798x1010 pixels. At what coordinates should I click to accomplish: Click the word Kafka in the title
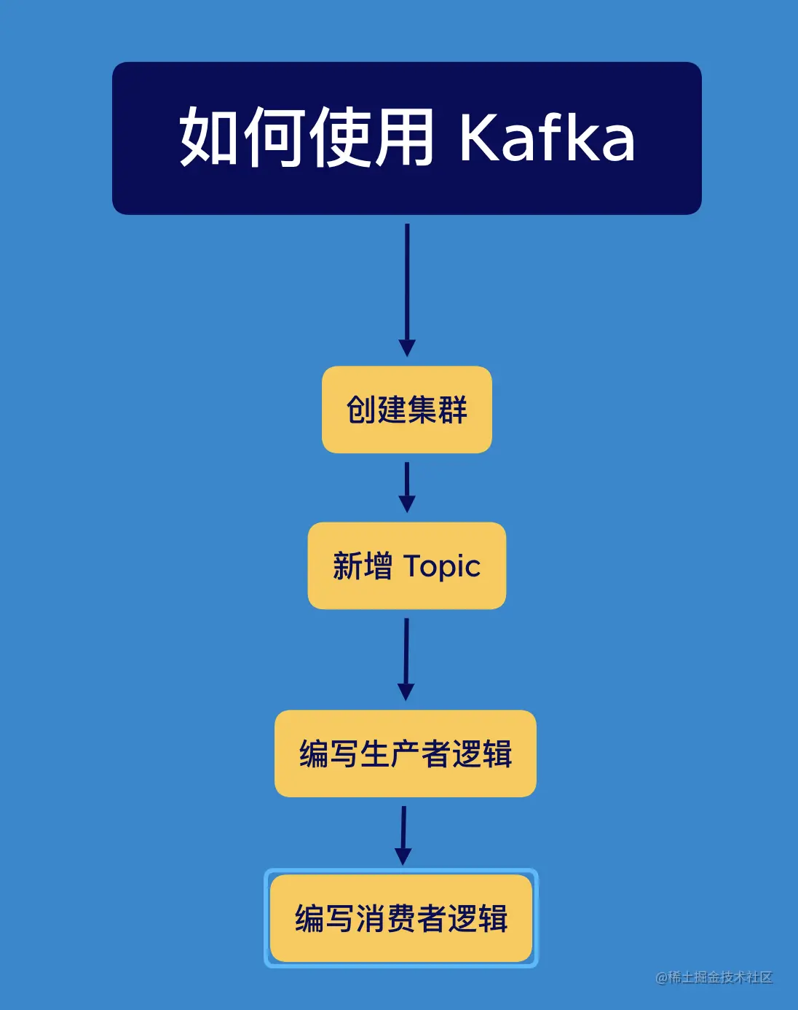coord(547,137)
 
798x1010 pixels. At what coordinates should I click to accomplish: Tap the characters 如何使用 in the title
coord(307,137)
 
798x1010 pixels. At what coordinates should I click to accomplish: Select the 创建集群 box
coord(407,410)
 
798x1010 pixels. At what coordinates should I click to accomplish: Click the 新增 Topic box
coord(407,565)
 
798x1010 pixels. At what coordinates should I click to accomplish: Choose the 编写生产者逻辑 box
coord(406,753)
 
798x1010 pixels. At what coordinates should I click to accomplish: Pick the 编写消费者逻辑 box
coord(401,918)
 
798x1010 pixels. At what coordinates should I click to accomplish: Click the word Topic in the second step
coord(442,566)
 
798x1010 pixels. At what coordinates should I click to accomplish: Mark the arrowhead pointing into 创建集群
coord(407,348)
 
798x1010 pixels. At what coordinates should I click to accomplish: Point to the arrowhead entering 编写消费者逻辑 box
coord(403,856)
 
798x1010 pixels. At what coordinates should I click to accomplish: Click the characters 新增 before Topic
coord(362,566)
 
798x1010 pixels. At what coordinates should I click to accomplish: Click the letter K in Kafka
coord(477,137)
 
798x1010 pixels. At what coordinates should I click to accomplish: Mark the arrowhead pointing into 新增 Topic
coord(407,504)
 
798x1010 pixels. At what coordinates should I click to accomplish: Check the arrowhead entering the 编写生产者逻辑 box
coord(406,692)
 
